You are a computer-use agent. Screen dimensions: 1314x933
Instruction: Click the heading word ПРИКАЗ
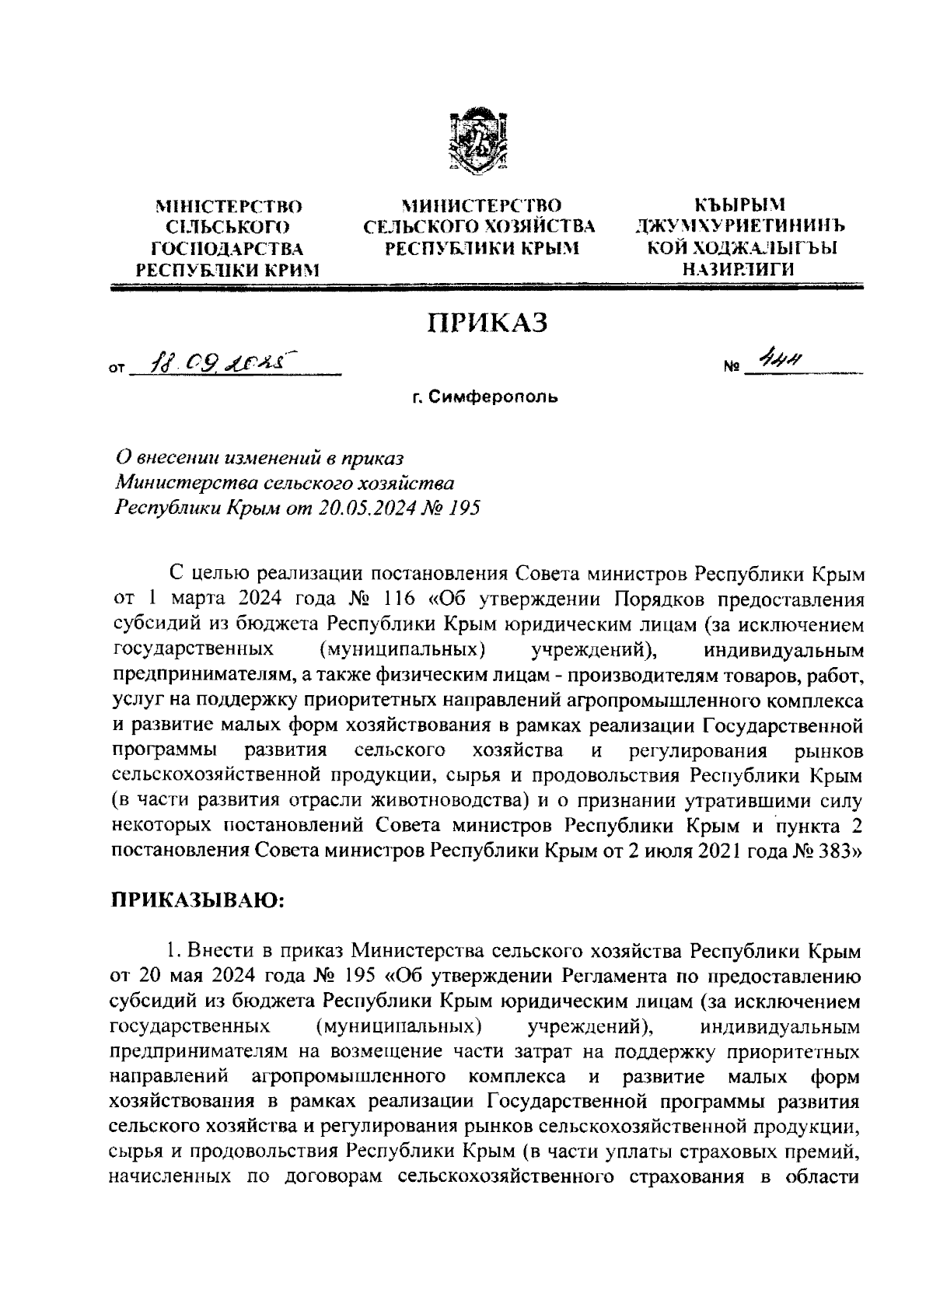click(484, 322)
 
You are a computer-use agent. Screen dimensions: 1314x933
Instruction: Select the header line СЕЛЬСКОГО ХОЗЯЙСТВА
click(480, 227)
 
